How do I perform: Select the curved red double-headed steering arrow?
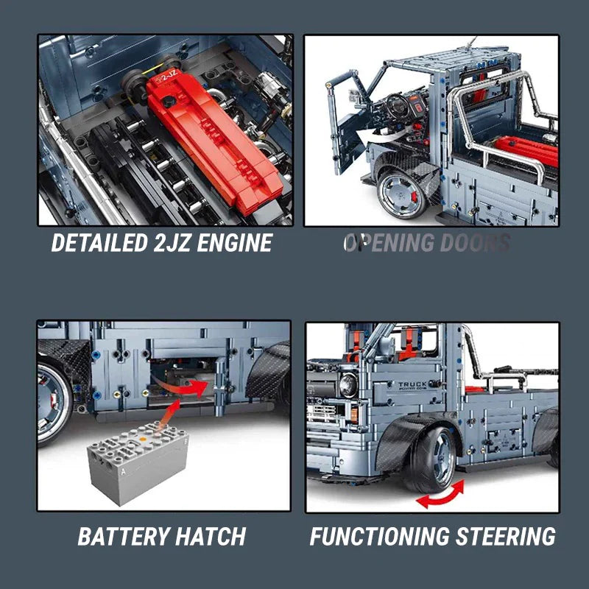coord(441,494)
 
